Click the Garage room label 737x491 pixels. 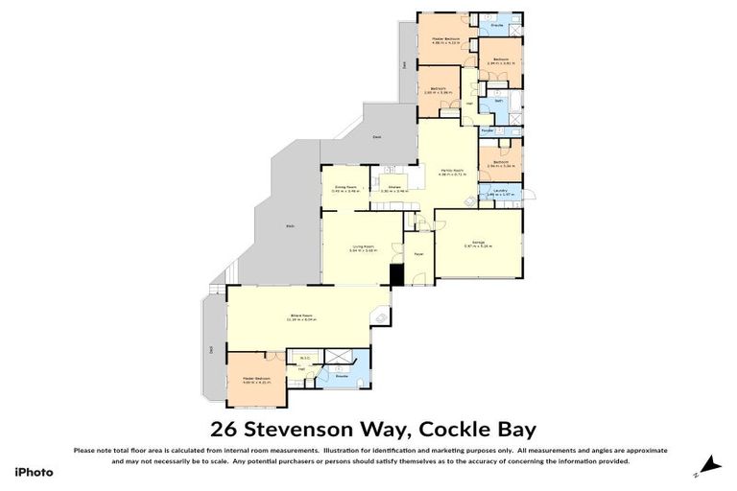click(x=477, y=242)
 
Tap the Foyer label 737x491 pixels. click(x=418, y=254)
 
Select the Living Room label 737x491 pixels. click(x=361, y=246)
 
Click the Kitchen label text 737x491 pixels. click(x=393, y=187)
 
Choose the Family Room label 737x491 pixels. click(x=451, y=171)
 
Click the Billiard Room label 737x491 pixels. click(x=302, y=316)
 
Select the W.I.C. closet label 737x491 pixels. click(x=304, y=359)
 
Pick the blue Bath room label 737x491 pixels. click(x=498, y=101)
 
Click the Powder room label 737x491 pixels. click(x=487, y=130)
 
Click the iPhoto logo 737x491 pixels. click(x=34, y=472)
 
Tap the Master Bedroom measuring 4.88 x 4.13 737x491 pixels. click(x=445, y=39)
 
